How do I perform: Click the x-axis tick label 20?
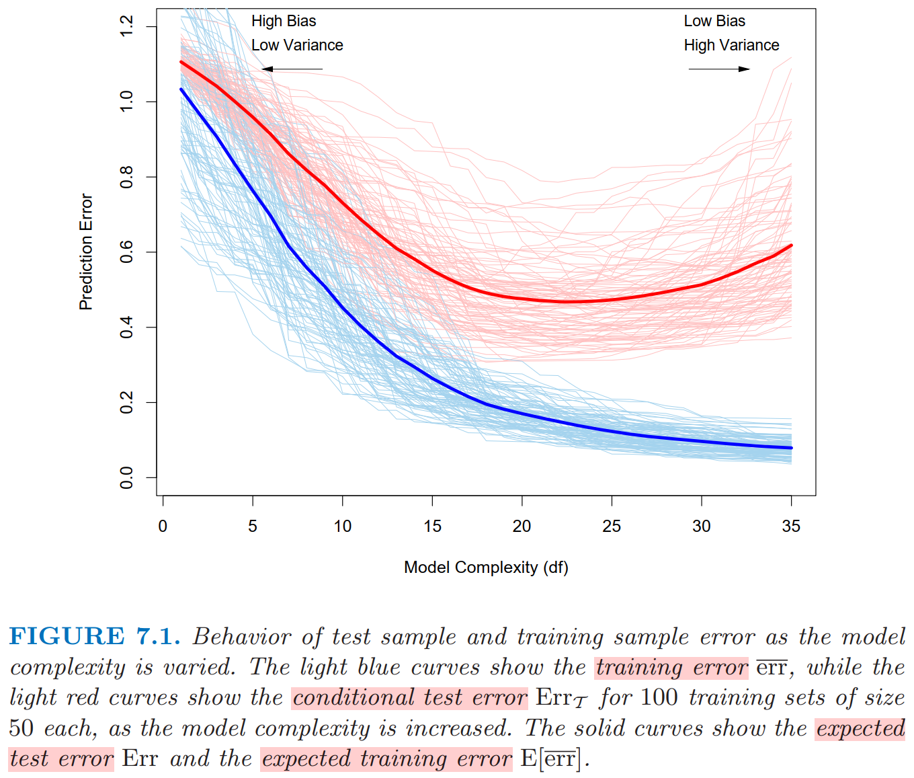[x=522, y=527]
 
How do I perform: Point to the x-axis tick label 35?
[x=791, y=527]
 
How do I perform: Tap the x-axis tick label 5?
[x=253, y=527]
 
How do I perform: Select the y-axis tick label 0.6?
[x=126, y=252]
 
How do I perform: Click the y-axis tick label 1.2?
[x=126, y=27]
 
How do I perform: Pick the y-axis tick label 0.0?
[x=126, y=477]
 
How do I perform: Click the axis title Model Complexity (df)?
[x=486, y=568]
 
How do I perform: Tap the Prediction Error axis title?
[x=85, y=252]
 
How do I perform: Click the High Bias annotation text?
[x=284, y=22]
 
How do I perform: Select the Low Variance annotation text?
[x=297, y=46]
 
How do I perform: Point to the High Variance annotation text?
[x=731, y=46]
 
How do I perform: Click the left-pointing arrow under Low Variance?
[x=292, y=69]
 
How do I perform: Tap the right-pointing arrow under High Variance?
[x=719, y=69]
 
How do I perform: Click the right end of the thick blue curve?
[x=791, y=448]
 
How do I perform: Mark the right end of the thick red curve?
[x=791, y=245]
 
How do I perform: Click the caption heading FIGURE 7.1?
[x=95, y=636]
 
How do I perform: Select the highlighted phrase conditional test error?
[x=410, y=698]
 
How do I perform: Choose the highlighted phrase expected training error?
[x=386, y=759]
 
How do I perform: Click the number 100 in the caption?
[x=659, y=698]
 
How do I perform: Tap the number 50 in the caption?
[x=22, y=729]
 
